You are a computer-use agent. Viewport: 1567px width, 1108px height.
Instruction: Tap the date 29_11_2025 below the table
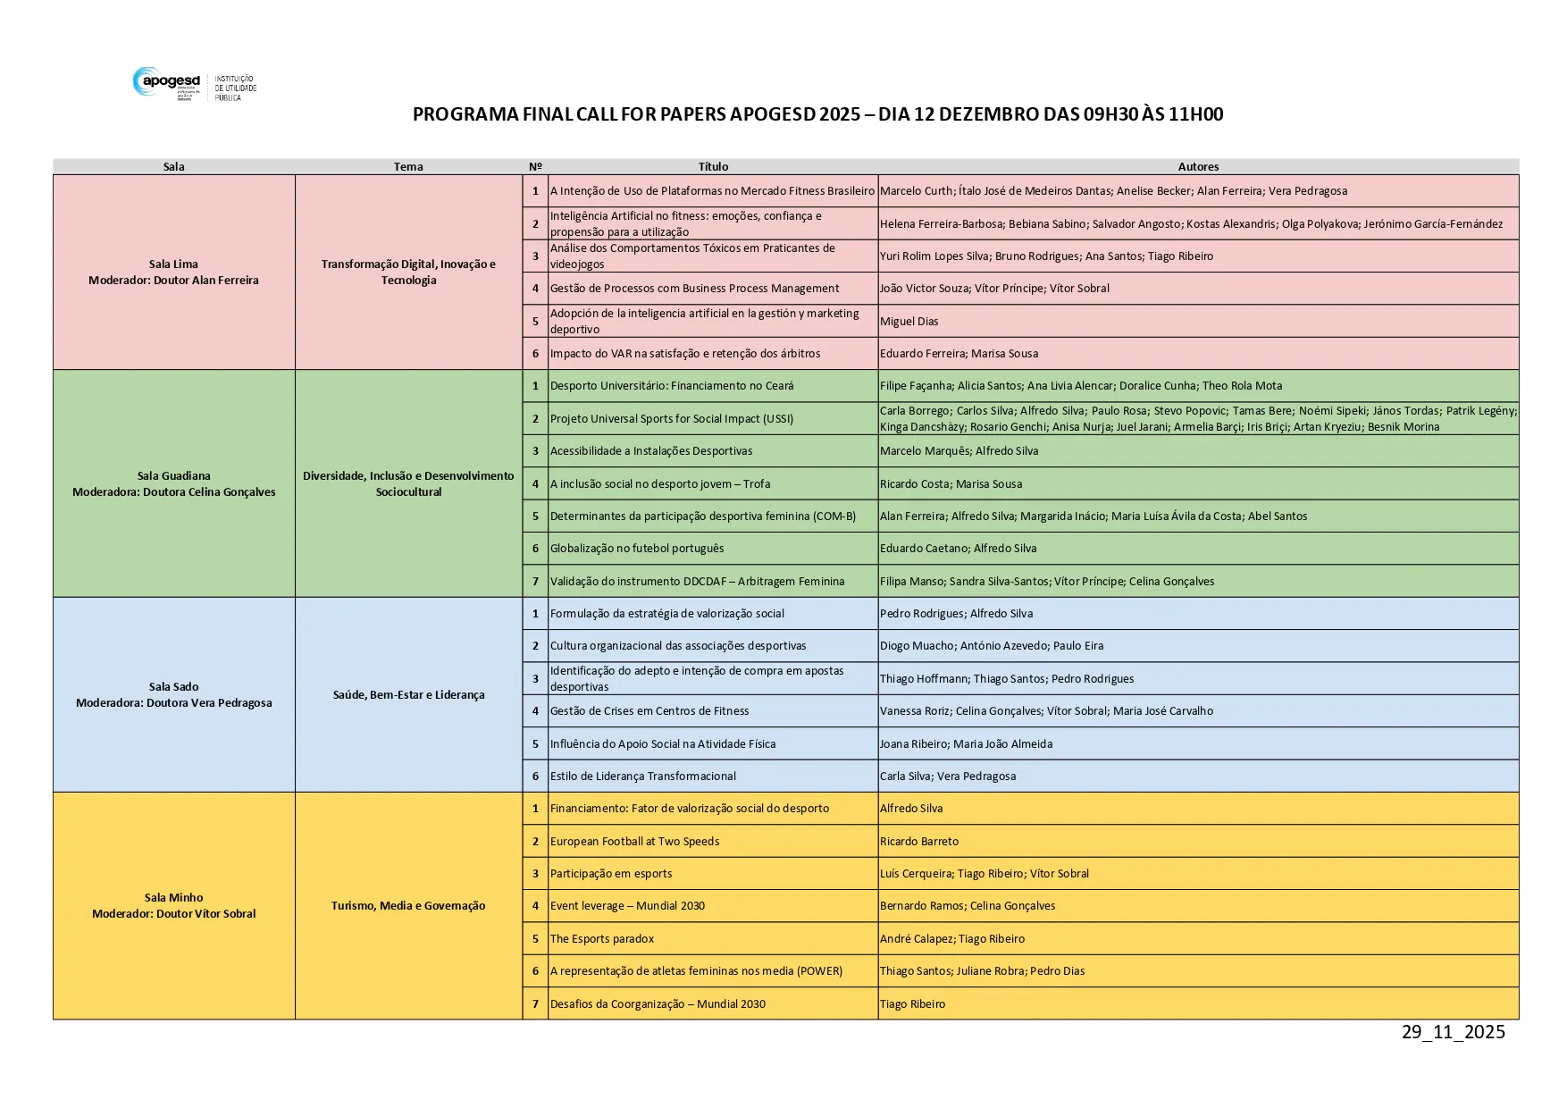pos(1453,1032)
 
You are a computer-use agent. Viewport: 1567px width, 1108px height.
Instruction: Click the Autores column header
pos(1197,167)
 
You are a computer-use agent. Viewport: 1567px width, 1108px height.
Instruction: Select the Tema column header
pos(408,167)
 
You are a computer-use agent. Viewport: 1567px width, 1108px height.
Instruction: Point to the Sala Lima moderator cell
pos(173,272)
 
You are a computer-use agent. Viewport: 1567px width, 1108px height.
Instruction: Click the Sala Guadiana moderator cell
pos(173,483)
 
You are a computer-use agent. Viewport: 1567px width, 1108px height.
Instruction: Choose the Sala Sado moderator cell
pos(173,694)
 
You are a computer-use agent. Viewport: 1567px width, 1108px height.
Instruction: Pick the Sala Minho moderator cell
pos(173,905)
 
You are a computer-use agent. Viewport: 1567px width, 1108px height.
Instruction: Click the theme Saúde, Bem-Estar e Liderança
pos(408,694)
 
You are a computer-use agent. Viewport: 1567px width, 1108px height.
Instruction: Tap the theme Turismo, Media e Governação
pos(408,905)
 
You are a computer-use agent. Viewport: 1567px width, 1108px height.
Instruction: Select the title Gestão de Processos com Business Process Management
pos(694,289)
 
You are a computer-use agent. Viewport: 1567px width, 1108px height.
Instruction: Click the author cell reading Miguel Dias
pos(909,322)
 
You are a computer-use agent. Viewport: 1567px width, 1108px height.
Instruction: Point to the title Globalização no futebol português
pos(637,549)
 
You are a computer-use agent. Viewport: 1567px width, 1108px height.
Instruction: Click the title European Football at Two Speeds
pos(634,842)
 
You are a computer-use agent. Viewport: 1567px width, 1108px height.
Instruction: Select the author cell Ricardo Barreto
pos(918,842)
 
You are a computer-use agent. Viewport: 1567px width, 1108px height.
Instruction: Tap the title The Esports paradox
pos(602,939)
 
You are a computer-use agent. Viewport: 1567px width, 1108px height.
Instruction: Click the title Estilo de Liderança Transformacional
pos(642,776)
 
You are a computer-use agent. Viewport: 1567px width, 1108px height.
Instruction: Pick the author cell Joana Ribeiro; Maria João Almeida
pos(966,744)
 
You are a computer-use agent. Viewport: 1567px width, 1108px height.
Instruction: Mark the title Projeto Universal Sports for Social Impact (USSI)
pos(671,419)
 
